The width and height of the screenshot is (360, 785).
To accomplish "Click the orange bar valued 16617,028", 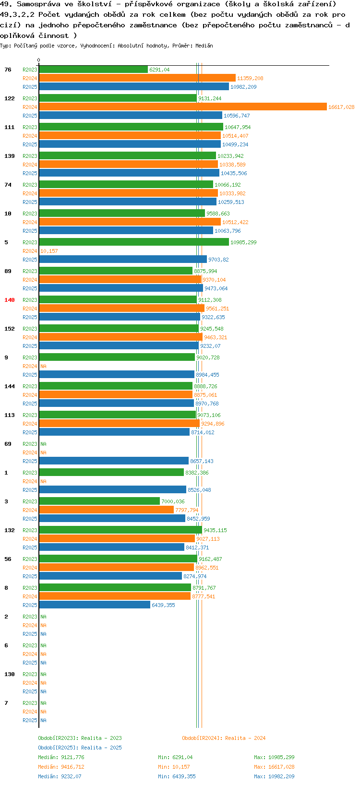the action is [182, 107].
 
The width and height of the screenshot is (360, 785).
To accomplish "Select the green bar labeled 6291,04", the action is [93, 70].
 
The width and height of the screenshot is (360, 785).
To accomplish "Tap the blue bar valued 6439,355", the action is [95, 605].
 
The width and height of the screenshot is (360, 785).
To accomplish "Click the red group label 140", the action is [10, 300].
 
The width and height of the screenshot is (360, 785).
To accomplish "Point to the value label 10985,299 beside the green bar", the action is [243, 242].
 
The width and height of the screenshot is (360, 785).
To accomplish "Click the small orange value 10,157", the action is [49, 251].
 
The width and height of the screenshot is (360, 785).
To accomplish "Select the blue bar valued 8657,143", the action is [114, 461].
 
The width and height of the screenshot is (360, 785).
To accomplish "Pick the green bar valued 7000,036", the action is [99, 501].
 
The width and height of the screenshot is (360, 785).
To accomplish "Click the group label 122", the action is [10, 98].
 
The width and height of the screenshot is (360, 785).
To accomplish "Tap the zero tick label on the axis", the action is [38, 60].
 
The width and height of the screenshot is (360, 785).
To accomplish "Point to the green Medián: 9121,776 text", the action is [61, 757].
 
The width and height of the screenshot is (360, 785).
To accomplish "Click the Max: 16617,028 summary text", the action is [274, 767].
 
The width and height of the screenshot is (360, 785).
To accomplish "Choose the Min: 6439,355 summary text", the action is [177, 776].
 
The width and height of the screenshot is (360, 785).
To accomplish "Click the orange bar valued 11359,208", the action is [137, 78].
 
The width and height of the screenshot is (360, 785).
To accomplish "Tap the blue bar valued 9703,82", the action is [123, 259].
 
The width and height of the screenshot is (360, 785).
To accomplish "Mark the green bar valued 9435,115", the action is [120, 530].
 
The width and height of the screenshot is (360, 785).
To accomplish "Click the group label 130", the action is [10, 674].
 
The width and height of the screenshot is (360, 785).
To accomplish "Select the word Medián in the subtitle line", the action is [204, 46].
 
